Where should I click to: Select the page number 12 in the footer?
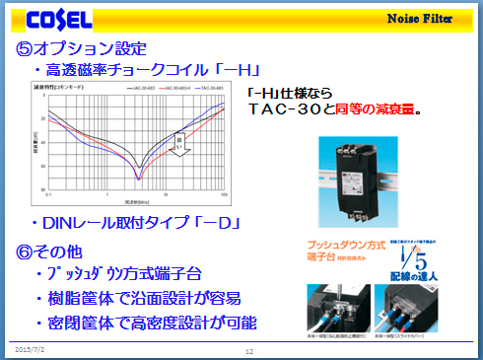coord(249,350)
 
